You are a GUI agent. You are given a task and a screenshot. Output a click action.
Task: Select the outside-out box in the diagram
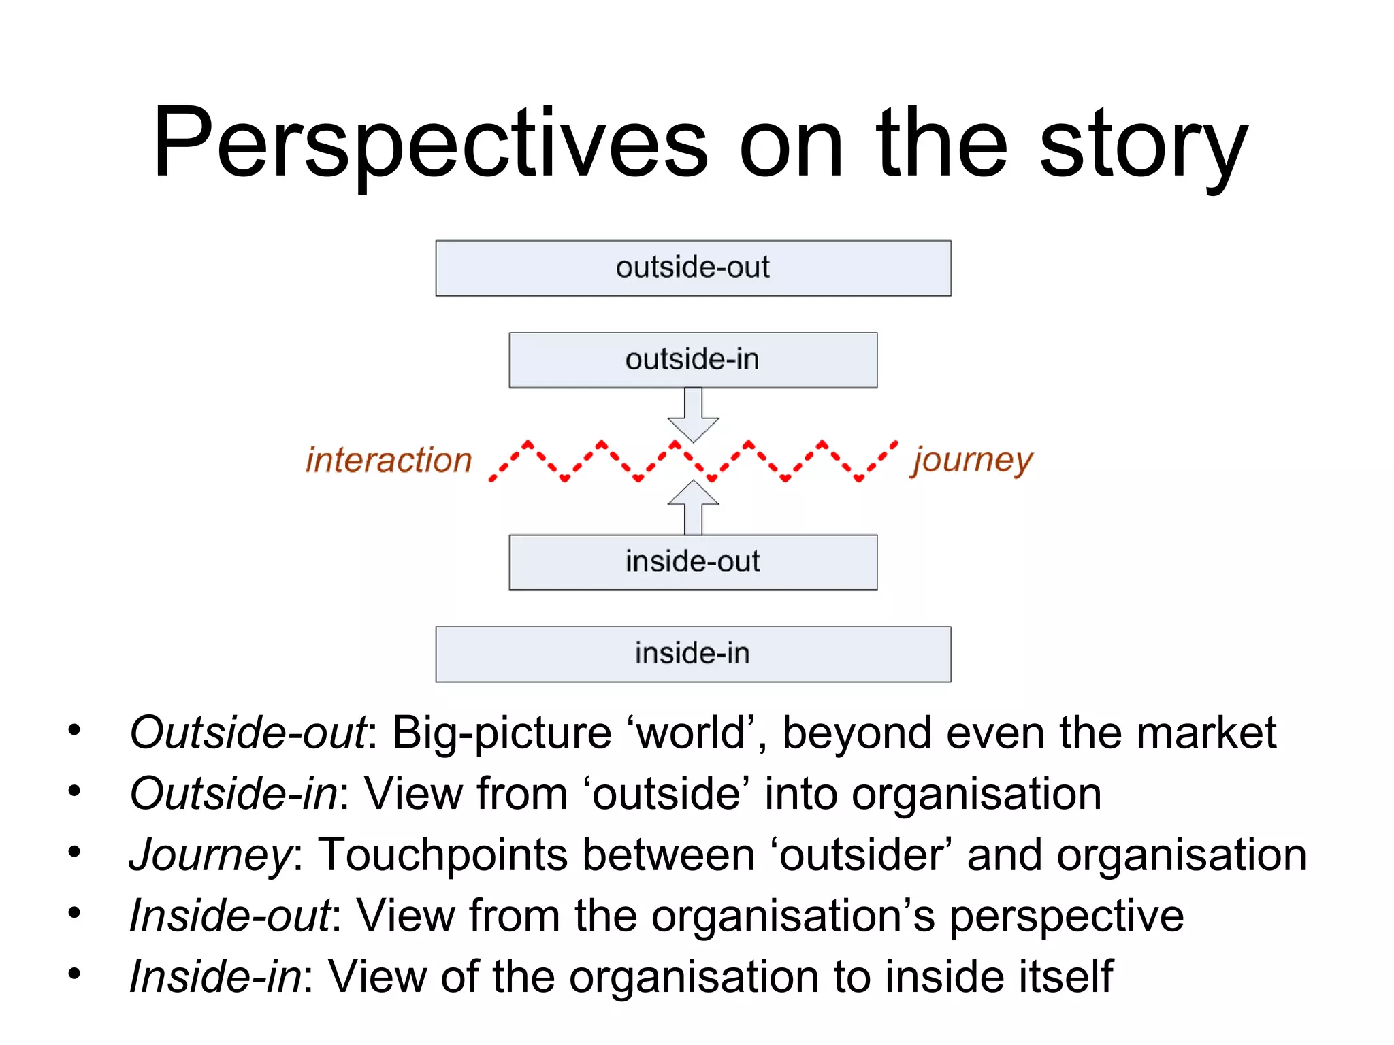pyautogui.click(x=693, y=268)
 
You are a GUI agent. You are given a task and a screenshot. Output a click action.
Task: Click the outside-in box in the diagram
pyautogui.click(x=693, y=360)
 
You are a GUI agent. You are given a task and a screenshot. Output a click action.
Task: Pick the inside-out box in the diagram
pyautogui.click(x=693, y=562)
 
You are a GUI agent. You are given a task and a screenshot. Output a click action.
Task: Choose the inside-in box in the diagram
pyautogui.click(x=693, y=654)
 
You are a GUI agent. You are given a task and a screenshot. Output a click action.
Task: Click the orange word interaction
pyautogui.click(x=389, y=461)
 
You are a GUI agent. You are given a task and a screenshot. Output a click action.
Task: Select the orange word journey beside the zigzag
pyautogui.click(x=973, y=461)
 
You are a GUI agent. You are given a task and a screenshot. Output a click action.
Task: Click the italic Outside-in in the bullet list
pyautogui.click(x=233, y=794)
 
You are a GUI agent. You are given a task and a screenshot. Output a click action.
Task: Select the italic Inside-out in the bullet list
pyautogui.click(x=230, y=916)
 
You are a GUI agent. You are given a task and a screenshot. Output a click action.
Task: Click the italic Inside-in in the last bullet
pyautogui.click(x=215, y=977)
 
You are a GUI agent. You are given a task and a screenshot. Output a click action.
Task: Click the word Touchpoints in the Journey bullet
pyautogui.click(x=443, y=855)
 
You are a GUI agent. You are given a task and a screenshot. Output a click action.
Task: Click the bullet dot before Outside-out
pyautogui.click(x=74, y=731)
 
